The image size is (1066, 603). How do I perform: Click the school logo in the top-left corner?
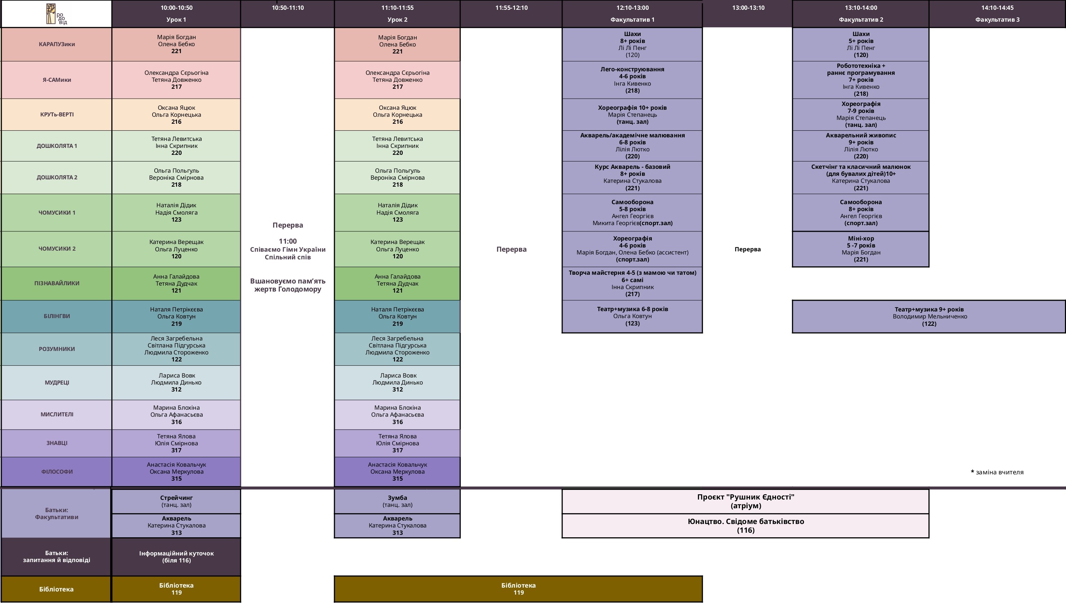coord(56,14)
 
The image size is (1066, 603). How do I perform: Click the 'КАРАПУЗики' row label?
coord(57,44)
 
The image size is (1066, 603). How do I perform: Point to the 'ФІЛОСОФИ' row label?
coord(57,472)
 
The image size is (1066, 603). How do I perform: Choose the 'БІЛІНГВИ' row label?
coord(57,316)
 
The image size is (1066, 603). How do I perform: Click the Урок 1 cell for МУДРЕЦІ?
coord(176,383)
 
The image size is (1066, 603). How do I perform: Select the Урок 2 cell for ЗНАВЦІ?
coord(397,443)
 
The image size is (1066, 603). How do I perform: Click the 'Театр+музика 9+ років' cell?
coord(929,316)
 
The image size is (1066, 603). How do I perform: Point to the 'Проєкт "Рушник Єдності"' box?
coord(745,501)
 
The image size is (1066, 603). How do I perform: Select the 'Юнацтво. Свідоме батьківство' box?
coord(745,525)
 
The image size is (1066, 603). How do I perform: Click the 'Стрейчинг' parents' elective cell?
coord(176,501)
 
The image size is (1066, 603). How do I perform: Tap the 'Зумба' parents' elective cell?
coord(397,501)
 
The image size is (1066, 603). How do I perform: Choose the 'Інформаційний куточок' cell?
coord(176,557)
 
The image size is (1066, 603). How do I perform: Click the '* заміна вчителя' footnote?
coord(997,472)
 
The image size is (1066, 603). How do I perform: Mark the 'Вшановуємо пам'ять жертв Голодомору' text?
coord(288,285)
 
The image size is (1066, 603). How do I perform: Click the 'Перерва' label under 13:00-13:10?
coord(747,249)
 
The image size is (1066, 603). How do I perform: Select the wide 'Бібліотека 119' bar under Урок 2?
coord(518,589)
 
